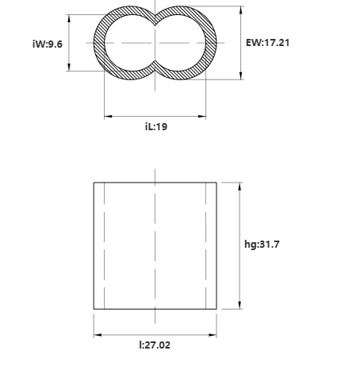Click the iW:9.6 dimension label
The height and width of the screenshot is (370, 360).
pyautogui.click(x=48, y=44)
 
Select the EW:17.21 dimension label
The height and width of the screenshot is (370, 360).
pyautogui.click(x=267, y=43)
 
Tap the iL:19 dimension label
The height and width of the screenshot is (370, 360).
pyautogui.click(x=156, y=126)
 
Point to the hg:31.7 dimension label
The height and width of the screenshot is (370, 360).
pyautogui.click(x=262, y=244)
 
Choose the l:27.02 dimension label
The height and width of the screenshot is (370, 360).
pyautogui.click(x=155, y=345)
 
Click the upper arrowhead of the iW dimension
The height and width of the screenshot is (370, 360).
pyautogui.click(x=69, y=18)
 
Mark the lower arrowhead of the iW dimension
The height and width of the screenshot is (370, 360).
pyautogui.click(x=69, y=67)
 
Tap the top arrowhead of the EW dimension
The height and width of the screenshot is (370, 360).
pyautogui.click(x=241, y=10)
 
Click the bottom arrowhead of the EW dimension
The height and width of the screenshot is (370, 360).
pyautogui.click(x=241, y=75)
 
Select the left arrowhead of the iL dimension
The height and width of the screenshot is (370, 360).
pyautogui.click(x=109, y=116)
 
